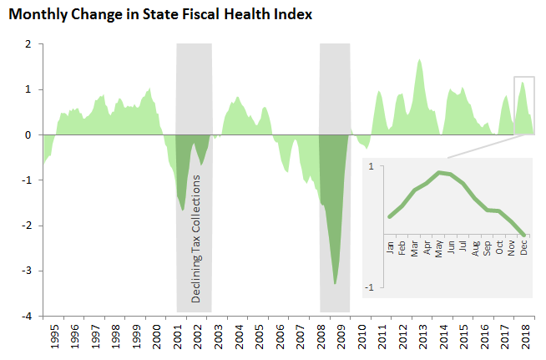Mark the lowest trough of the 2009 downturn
click(x=335, y=284)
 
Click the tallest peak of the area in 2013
click(x=419, y=59)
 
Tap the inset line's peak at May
click(x=438, y=172)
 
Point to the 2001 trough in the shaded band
click(x=183, y=210)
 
